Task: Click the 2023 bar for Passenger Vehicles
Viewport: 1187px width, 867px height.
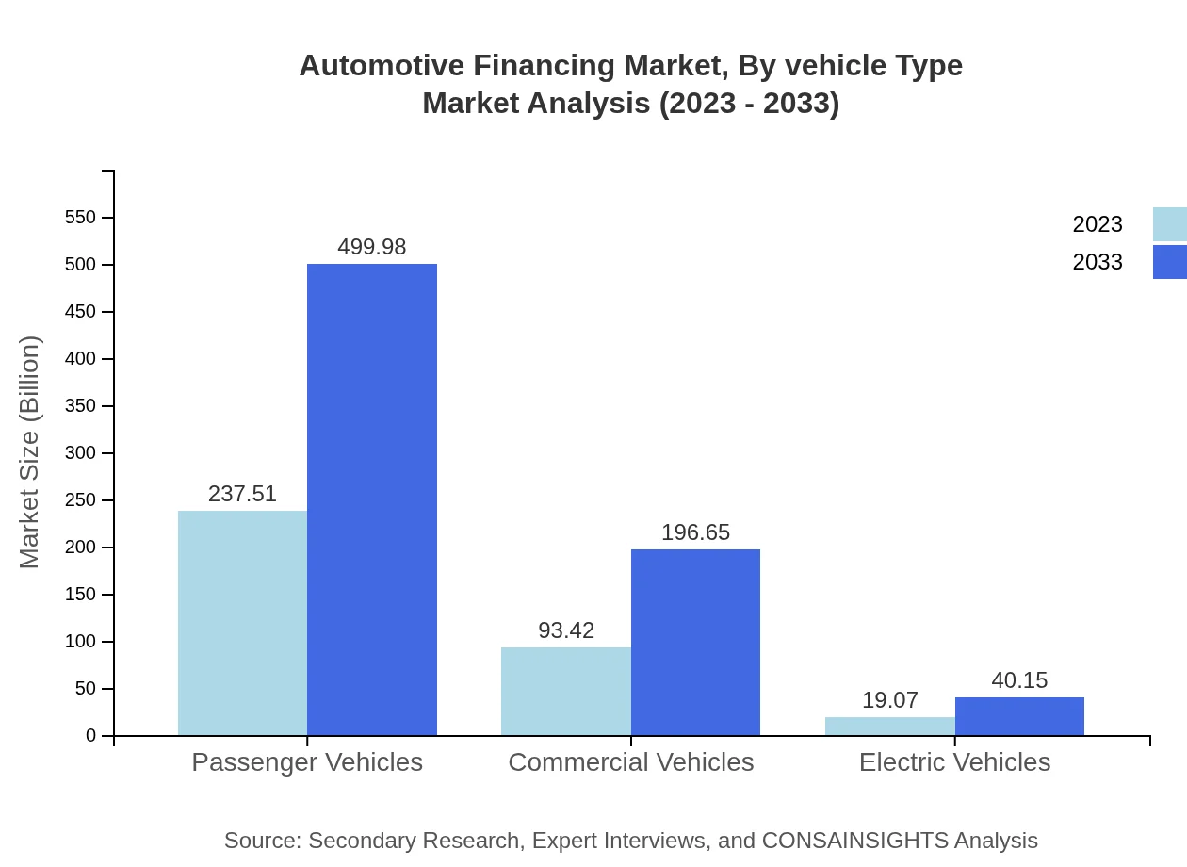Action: click(242, 623)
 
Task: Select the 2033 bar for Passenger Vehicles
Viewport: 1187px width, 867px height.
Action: click(372, 499)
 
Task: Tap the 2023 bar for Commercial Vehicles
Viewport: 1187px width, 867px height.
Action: click(565, 691)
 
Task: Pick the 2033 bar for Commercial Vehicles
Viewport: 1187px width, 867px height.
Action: click(695, 642)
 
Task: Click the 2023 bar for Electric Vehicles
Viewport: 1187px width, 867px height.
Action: click(889, 726)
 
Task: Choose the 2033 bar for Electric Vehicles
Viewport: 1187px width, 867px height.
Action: click(1019, 716)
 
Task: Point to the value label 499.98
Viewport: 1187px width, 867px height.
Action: click(372, 247)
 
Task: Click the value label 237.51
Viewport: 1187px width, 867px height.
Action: click(242, 494)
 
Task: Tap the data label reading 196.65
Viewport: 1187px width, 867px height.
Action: click(695, 532)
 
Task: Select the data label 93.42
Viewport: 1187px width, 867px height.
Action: click(566, 630)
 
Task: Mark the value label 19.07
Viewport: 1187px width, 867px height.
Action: click(889, 700)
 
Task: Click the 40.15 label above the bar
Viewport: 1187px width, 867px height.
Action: click(1019, 680)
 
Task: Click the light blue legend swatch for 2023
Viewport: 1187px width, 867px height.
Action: click(1169, 224)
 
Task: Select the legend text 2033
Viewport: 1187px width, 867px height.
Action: click(1098, 262)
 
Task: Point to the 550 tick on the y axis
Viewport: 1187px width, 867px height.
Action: click(80, 218)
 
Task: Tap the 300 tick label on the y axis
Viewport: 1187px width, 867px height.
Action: click(80, 453)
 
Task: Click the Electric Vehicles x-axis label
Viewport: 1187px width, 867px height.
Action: click(954, 761)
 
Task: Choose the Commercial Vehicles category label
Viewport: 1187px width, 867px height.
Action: click(630, 761)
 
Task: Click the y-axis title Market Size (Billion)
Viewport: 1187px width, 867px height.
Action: click(29, 452)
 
